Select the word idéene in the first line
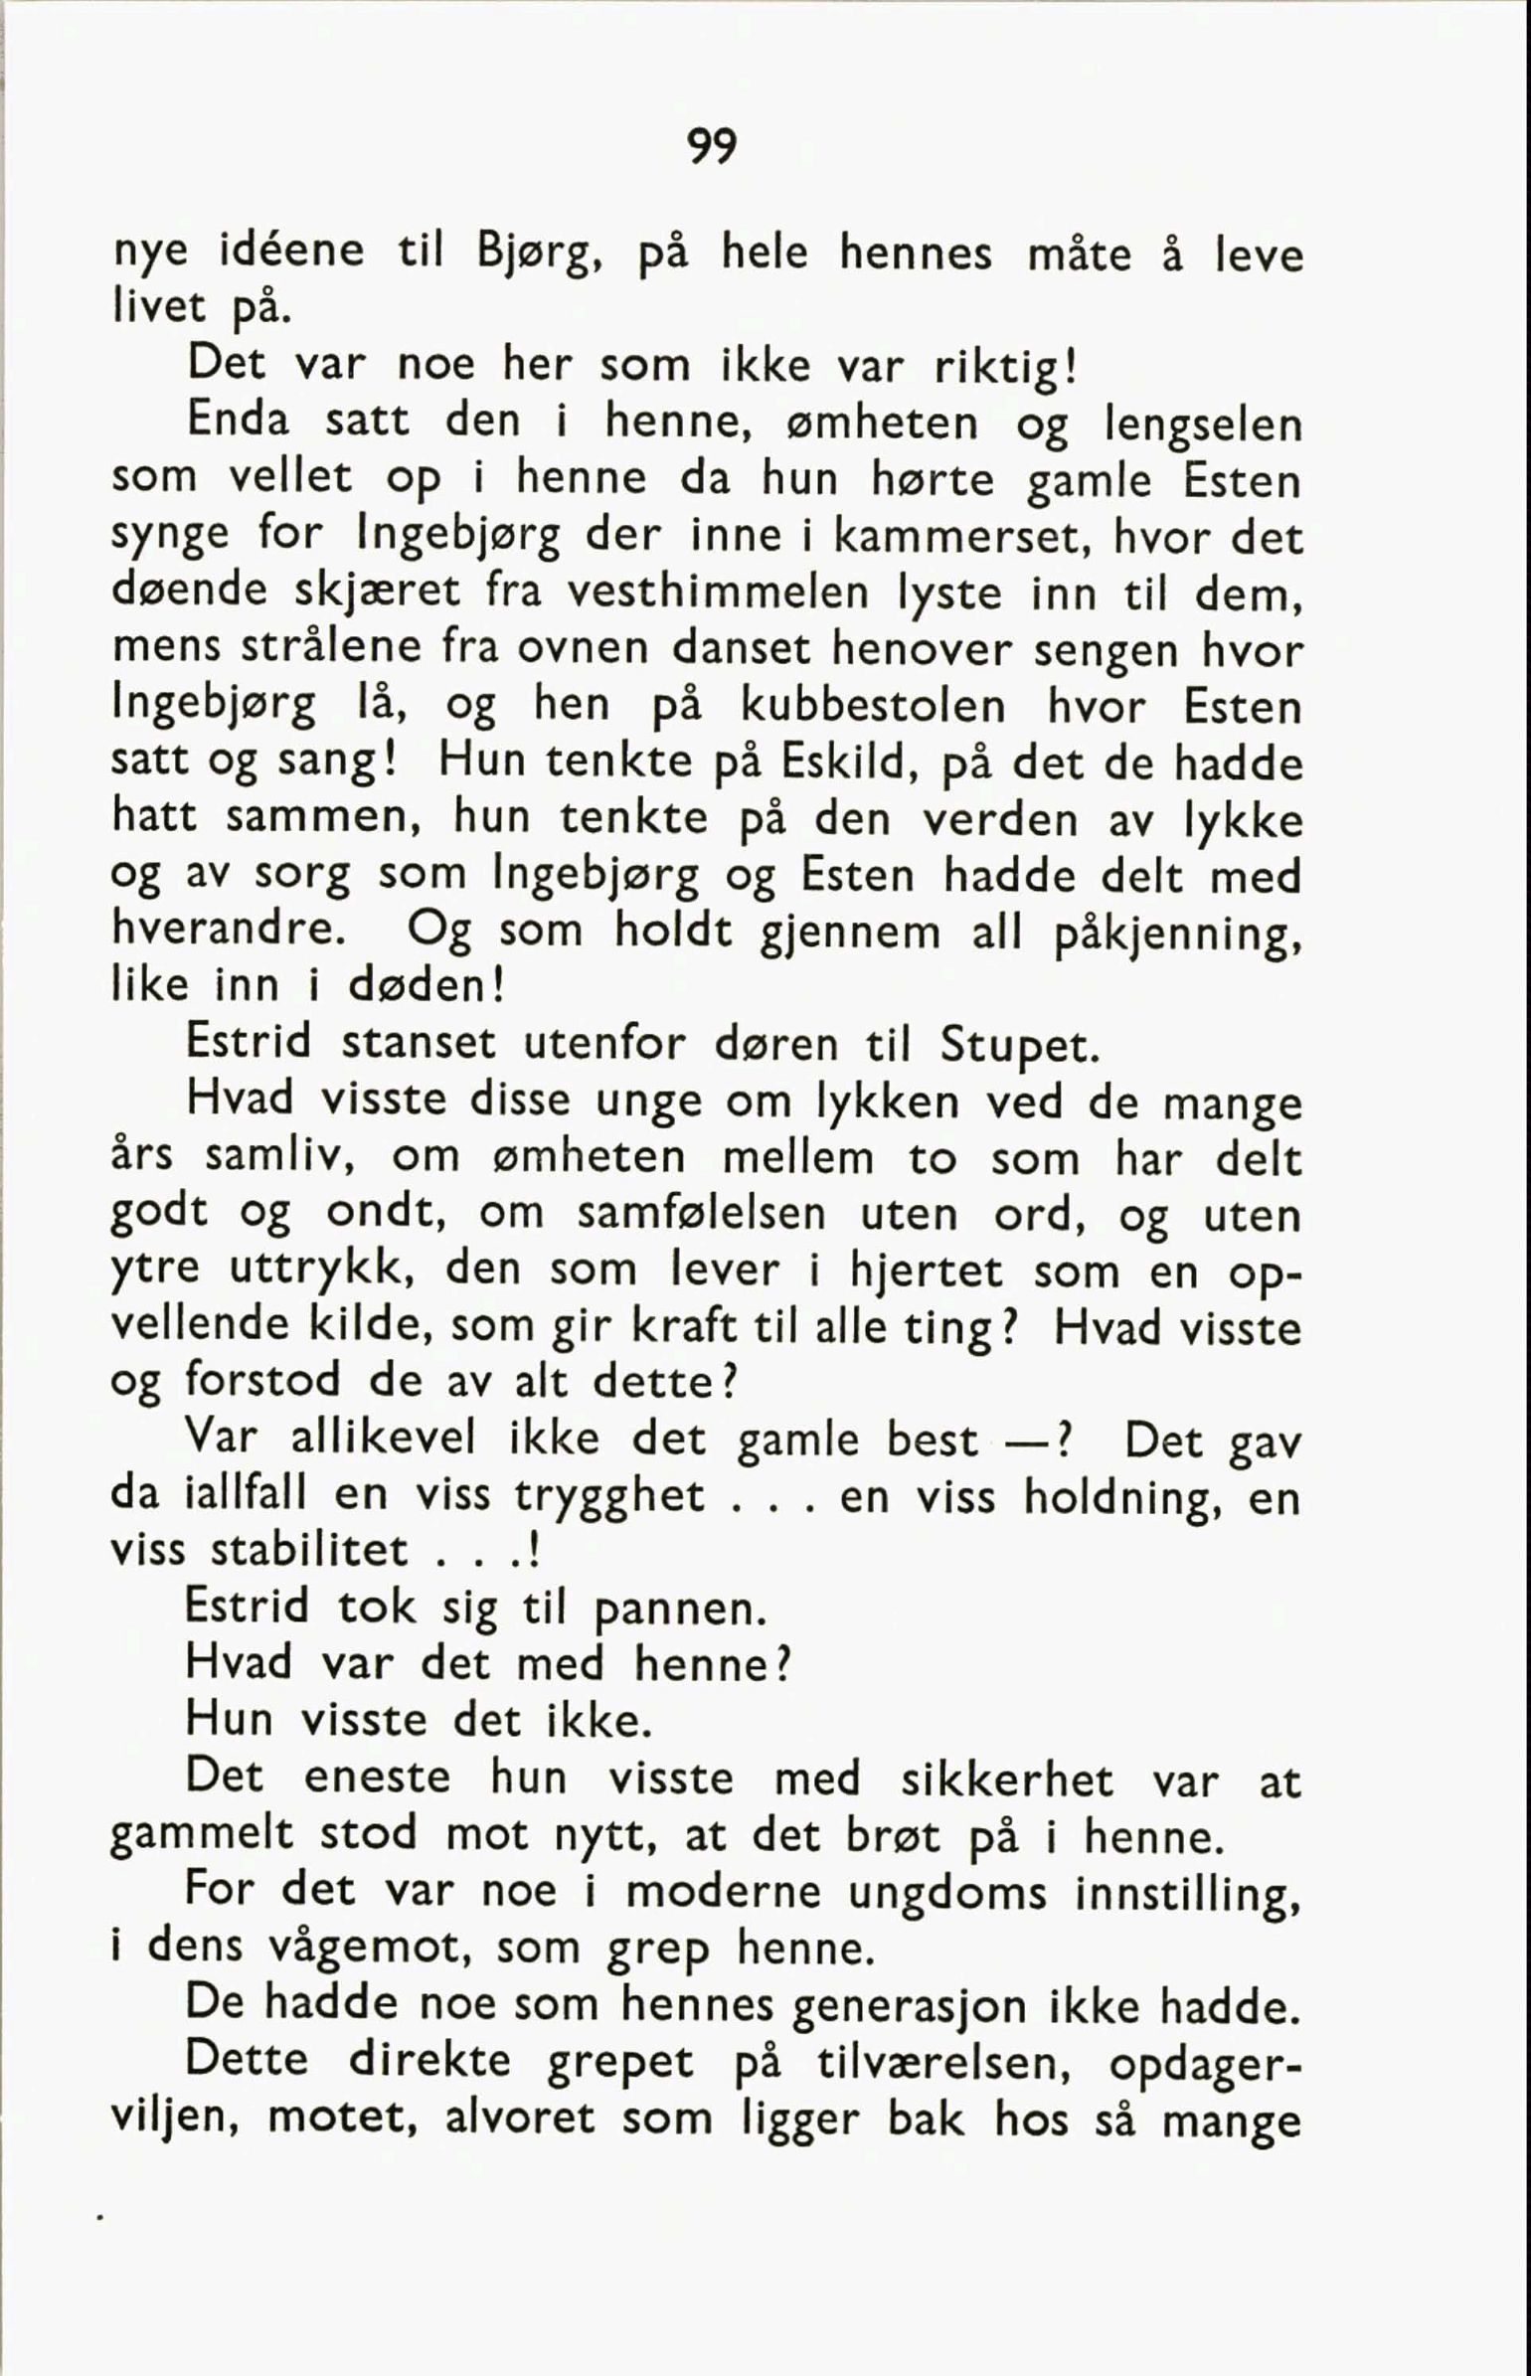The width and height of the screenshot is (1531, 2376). [x=291, y=252]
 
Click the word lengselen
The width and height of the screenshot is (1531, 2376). [x=1203, y=425]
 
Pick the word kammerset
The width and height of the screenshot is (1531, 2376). [x=956, y=538]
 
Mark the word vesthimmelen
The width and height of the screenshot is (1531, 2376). [x=718, y=594]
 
